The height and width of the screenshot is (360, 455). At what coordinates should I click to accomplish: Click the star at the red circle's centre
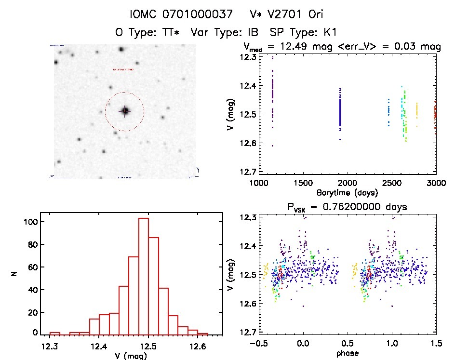(125, 111)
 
